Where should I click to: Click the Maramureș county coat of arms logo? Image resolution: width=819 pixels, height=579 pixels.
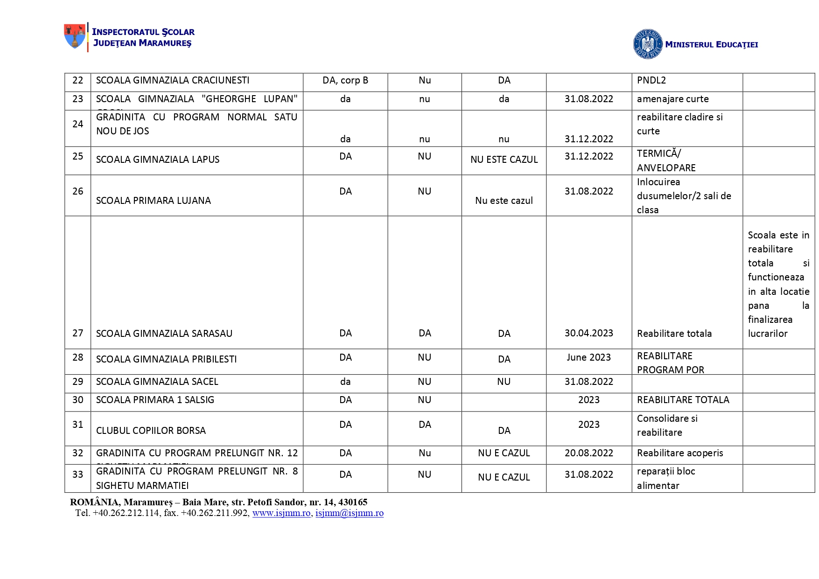[x=75, y=36]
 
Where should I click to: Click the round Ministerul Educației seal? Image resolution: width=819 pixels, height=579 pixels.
[x=647, y=44]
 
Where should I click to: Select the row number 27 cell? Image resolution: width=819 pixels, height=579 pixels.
[x=77, y=333]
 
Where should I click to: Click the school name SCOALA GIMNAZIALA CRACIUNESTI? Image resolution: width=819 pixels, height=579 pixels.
[x=173, y=80]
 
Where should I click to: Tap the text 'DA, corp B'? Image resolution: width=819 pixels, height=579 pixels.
[x=345, y=80]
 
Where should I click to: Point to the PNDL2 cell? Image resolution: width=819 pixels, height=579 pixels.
[x=651, y=80]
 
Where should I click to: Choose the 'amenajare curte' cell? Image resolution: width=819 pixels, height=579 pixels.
[x=672, y=99]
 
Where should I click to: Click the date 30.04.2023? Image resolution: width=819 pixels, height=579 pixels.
[x=588, y=333]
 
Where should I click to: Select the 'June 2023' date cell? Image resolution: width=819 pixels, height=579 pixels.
[x=588, y=357]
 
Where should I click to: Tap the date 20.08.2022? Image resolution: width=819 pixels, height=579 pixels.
[x=588, y=453]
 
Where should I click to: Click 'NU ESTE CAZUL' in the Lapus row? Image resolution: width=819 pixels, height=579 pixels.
[x=504, y=160]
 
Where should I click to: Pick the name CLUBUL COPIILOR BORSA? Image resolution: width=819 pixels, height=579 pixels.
[x=151, y=431]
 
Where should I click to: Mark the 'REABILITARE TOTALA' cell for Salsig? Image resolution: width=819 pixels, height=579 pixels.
[x=683, y=400]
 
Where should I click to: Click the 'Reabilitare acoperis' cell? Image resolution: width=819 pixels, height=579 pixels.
[x=680, y=453]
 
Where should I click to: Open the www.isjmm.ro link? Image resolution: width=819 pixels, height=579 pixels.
[x=281, y=513]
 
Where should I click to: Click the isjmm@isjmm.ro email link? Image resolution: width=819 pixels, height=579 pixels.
[x=350, y=513]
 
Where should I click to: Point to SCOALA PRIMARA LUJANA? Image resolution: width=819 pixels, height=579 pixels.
[x=154, y=201]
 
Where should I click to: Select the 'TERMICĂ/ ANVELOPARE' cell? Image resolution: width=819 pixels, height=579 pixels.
[x=666, y=160]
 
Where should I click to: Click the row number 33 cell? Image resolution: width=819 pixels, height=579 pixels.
[x=77, y=474]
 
